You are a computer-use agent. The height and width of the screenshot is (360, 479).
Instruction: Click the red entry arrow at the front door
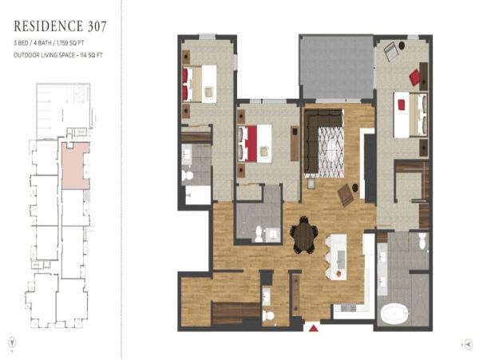tap(313, 328)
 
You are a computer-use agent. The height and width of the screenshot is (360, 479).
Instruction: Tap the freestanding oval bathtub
tap(394, 313)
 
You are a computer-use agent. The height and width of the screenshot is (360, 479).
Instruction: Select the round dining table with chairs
tap(303, 235)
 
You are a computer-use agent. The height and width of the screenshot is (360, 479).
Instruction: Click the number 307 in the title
tap(97, 26)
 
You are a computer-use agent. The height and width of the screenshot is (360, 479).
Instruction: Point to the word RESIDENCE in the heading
tap(48, 26)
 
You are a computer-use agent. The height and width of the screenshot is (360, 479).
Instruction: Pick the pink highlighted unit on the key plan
tap(76, 165)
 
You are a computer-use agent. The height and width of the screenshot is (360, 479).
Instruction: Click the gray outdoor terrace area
tap(337, 67)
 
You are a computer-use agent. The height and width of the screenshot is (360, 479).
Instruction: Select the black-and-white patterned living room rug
tap(331, 152)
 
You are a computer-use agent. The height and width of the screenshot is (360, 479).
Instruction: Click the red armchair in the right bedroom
tap(415, 77)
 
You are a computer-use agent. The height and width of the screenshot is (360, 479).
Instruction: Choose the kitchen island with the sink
tap(337, 257)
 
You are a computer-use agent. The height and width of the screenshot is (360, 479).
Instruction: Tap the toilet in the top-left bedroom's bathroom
tap(188, 176)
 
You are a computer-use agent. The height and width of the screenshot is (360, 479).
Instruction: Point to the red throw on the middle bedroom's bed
tap(251, 144)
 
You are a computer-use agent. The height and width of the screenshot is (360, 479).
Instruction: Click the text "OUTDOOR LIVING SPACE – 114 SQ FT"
tap(58, 55)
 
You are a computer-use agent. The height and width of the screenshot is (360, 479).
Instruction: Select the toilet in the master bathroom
tap(422, 240)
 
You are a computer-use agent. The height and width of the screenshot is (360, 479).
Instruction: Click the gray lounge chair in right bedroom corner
tap(390, 51)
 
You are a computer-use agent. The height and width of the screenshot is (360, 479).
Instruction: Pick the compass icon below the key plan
tap(12, 342)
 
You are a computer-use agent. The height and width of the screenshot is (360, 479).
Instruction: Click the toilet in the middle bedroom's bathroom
tap(259, 234)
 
